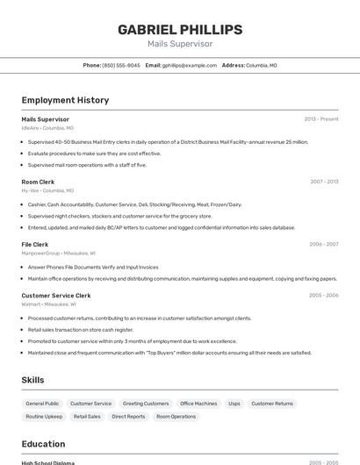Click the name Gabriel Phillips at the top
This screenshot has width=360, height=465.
179,29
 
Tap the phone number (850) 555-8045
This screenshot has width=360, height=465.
120,65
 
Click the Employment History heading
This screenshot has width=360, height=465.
65,100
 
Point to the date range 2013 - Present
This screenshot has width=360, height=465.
320,119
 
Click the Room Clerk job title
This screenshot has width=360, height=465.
38,182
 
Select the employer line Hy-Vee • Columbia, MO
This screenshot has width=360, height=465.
47,190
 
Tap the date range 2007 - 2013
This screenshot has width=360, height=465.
324,182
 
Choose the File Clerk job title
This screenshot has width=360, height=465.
35,244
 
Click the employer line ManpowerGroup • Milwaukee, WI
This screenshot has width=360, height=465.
59,253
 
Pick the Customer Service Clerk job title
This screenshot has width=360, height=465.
56,296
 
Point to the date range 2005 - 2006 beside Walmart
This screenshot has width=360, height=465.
324,296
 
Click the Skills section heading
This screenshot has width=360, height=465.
33,380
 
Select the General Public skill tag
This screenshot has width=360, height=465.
42,404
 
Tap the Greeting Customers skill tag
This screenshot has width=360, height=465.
146,404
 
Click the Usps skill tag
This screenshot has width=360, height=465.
234,404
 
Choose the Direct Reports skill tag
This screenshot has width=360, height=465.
128,417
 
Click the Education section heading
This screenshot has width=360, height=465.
43,444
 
